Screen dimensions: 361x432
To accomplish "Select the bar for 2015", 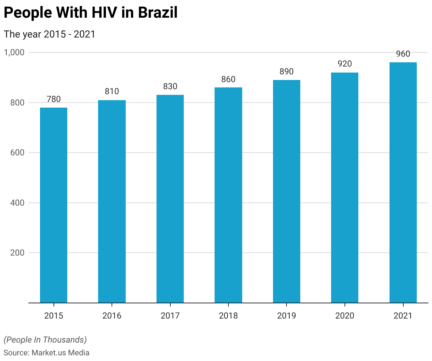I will click(x=53, y=205).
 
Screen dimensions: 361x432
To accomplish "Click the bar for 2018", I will click(x=228, y=195).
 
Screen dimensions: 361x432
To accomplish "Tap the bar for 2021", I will click(x=403, y=183).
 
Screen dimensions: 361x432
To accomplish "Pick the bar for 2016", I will click(x=112, y=201).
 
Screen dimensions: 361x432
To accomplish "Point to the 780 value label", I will click(x=53, y=99).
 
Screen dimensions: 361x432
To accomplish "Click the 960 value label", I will click(x=403, y=54).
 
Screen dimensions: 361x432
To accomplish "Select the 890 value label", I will click(x=286, y=71).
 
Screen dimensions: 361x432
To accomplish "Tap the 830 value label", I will click(x=170, y=86).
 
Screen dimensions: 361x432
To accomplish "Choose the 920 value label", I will click(x=345, y=64).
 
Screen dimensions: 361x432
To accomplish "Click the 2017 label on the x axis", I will click(x=170, y=315).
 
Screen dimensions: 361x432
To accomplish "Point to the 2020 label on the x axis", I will click(x=345, y=315).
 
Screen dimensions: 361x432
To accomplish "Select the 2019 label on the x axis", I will click(x=286, y=315).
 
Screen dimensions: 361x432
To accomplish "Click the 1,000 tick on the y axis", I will click(x=14, y=52).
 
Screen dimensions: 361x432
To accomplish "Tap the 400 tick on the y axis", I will click(x=17, y=203).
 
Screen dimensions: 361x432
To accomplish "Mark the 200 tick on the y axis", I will click(x=17, y=253).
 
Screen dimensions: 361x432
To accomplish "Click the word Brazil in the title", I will click(x=158, y=13).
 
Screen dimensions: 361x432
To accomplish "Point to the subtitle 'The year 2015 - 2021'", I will click(x=50, y=34).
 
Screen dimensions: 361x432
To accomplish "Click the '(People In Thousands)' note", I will click(x=45, y=340).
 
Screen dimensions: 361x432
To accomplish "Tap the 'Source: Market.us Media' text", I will click(x=46, y=353).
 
